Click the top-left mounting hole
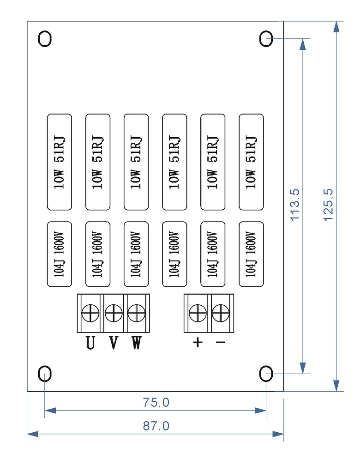click(x=45, y=39)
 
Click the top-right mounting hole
click(x=266, y=39)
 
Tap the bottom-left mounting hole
click(x=45, y=373)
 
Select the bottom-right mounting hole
click(x=266, y=373)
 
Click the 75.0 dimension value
click(x=156, y=403)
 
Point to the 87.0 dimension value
click(x=156, y=426)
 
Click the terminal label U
click(x=90, y=343)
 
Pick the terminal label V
click(x=113, y=343)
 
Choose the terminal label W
click(x=136, y=343)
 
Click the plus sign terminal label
click(x=198, y=343)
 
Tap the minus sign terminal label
click(x=221, y=343)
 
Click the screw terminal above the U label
click(x=90, y=314)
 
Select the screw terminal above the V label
click(x=113, y=314)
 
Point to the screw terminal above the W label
click(x=136, y=314)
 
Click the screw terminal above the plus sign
click(x=198, y=314)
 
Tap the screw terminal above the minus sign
click(x=221, y=314)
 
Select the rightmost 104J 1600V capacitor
click(x=251, y=254)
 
